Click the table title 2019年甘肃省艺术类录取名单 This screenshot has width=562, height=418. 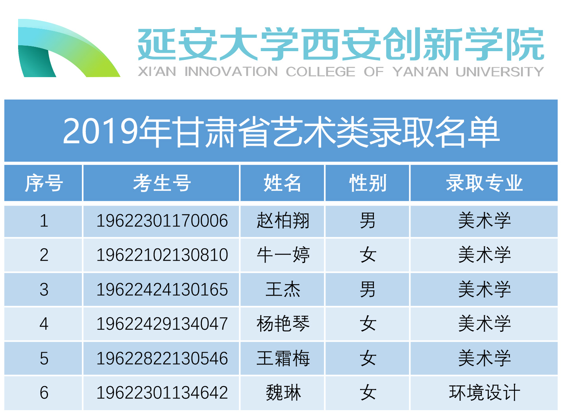281,132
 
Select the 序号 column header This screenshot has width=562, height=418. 44,183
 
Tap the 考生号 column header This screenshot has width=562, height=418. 162,183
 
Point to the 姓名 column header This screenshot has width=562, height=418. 283,183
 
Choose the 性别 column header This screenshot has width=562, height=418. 368,183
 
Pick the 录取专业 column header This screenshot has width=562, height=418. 484,183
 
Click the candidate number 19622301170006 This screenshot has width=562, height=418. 162,221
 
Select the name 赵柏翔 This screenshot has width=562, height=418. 283,220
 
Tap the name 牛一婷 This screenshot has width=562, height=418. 283,255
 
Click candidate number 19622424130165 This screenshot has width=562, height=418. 162,289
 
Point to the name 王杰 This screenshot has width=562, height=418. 283,289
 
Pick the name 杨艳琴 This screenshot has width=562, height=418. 283,324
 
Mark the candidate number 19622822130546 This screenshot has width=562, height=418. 162,359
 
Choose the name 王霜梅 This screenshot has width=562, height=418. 283,358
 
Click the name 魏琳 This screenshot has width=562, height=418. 283,393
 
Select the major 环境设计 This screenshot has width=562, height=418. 484,393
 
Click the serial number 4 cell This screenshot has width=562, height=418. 44,324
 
